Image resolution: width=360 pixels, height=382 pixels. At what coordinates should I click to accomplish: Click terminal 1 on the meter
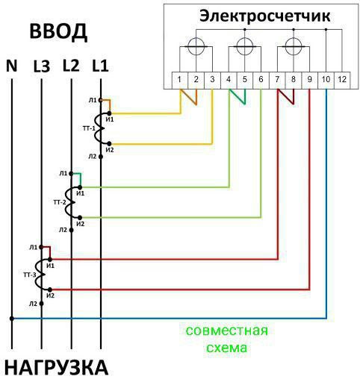coord(179,80)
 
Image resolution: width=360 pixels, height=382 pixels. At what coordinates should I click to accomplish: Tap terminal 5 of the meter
coord(245,80)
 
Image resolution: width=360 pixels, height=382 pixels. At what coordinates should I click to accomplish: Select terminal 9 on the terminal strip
coord(309,80)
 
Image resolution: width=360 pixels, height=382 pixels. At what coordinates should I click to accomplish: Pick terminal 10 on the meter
coord(326,80)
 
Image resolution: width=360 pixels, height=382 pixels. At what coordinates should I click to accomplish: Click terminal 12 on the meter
coord(342,80)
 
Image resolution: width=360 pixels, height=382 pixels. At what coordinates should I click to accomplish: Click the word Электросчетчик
coord(265,16)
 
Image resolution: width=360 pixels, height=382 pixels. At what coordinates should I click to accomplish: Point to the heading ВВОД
coord(58,32)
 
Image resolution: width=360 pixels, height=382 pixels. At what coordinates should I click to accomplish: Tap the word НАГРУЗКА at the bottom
coord(57,368)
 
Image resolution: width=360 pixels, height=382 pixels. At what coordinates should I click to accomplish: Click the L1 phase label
coord(100,66)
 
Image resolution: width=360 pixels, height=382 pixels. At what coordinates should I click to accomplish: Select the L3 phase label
coord(42,66)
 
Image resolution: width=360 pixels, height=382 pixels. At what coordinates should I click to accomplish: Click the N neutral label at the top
coord(11,66)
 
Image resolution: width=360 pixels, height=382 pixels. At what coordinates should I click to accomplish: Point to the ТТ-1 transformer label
coord(89,128)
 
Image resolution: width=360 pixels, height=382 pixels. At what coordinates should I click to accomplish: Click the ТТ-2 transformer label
coord(60,202)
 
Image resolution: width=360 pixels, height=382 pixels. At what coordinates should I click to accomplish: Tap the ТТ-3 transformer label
coord(30,275)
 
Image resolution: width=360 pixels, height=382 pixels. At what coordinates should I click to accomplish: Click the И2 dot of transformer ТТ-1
coord(109,144)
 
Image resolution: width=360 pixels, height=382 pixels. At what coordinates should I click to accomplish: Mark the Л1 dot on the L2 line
coord(71,173)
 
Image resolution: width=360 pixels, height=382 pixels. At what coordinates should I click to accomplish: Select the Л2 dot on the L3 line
coord(41,304)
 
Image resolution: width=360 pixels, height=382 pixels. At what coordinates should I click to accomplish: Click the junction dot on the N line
coord(12,319)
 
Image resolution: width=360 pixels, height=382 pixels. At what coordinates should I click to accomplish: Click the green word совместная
coord(227,331)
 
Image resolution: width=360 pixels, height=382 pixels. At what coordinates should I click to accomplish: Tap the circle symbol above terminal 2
coord(196,46)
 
